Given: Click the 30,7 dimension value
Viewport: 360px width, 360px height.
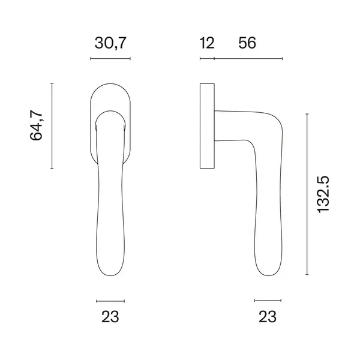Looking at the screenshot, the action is tap(110, 43).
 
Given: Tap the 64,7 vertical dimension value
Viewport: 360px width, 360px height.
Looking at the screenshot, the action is tap(36, 125).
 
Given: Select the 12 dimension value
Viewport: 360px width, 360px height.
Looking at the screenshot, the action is tap(207, 43).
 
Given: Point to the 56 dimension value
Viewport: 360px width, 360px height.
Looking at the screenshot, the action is tap(247, 43).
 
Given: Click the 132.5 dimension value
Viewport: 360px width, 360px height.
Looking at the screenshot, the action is tap(323, 194).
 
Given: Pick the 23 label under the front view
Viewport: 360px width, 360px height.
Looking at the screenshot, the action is tap(110, 317).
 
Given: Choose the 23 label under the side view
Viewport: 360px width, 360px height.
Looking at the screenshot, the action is tap(268, 317).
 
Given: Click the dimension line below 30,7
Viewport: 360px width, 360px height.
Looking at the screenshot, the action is tap(110, 59).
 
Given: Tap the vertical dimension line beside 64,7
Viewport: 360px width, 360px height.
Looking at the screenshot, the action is tap(52, 126).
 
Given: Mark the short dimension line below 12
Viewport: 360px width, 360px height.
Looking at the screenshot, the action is tap(207, 59).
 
